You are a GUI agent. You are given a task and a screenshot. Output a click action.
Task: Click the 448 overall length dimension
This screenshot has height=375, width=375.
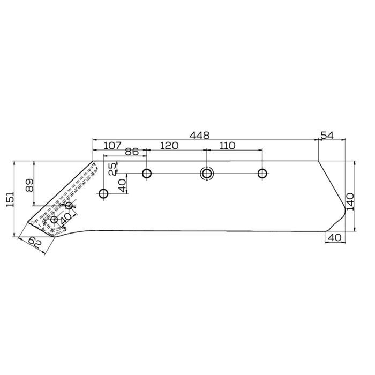click(199, 136)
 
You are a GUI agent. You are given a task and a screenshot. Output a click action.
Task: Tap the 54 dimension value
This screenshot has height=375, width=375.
click(327, 136)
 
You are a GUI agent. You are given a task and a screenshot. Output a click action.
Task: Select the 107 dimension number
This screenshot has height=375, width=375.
click(112, 145)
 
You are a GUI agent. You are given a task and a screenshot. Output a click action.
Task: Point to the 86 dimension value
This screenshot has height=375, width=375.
click(132, 152)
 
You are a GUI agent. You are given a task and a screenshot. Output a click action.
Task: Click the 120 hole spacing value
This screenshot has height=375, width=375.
click(169, 145)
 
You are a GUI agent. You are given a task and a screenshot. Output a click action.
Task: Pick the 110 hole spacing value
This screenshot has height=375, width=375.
click(227, 145)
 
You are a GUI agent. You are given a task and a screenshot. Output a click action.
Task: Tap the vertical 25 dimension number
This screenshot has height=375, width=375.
click(112, 168)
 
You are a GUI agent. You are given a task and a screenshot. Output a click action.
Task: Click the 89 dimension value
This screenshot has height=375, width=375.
click(29, 185)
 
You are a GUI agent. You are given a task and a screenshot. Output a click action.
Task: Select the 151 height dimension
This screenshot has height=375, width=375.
click(10, 199)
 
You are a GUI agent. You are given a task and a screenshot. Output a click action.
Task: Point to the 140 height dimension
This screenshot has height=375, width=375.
click(350, 201)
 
